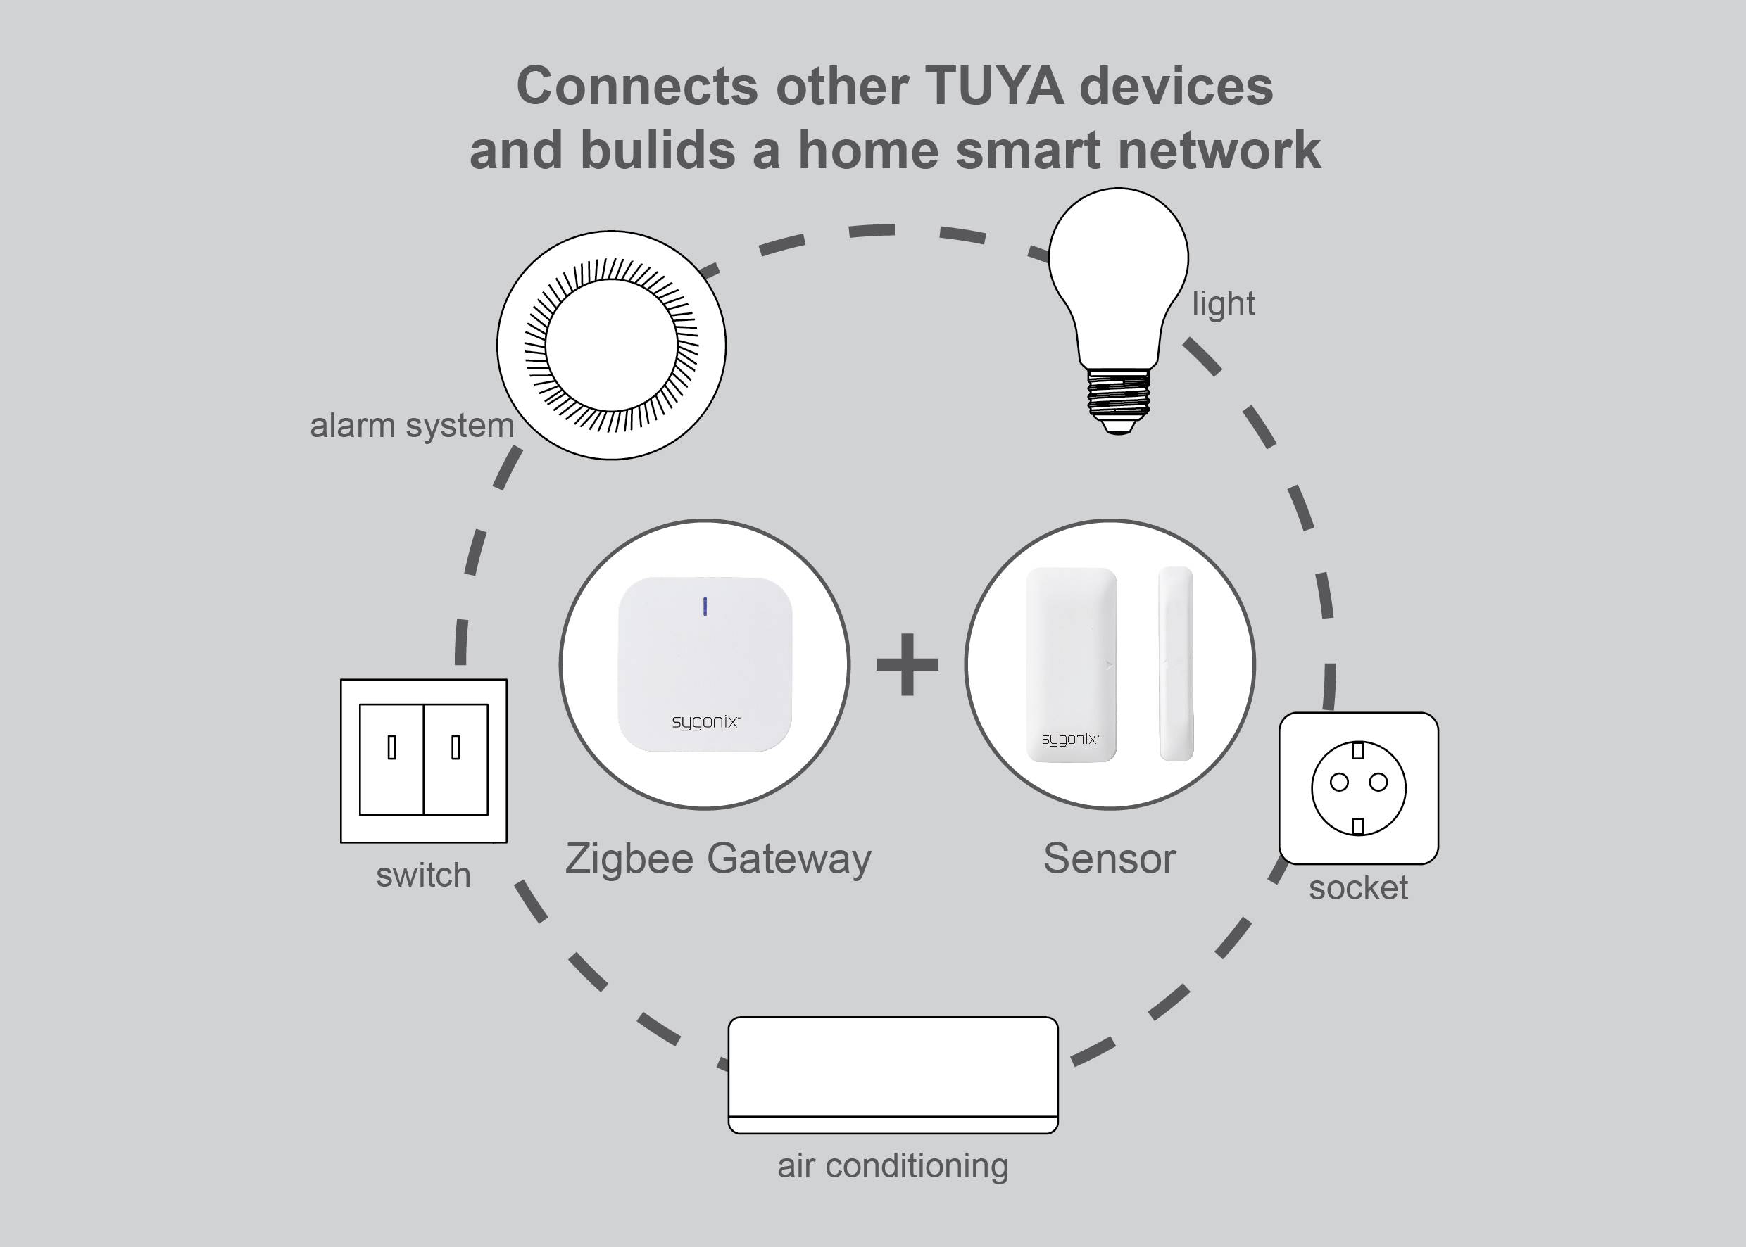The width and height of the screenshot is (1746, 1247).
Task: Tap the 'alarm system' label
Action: (x=412, y=425)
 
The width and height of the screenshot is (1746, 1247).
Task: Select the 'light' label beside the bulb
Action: (x=1223, y=304)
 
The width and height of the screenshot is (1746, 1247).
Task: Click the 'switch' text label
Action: (x=423, y=875)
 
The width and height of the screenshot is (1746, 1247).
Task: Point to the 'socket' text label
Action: (x=1358, y=887)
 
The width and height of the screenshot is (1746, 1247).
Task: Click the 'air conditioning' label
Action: (x=893, y=1165)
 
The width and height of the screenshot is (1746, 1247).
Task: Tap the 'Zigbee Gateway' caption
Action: (x=718, y=859)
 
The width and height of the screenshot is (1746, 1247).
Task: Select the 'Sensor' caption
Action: (x=1110, y=859)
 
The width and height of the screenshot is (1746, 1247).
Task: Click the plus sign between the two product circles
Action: (x=907, y=665)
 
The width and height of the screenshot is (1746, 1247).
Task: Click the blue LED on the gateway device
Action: (x=705, y=607)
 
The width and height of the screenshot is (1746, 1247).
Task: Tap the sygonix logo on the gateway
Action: (x=705, y=722)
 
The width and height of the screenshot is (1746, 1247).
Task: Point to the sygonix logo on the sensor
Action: (x=1070, y=740)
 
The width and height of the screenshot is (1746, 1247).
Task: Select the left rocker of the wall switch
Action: (x=391, y=759)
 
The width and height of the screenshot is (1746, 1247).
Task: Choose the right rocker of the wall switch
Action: (x=456, y=759)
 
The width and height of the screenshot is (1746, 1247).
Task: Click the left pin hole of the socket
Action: (x=1339, y=783)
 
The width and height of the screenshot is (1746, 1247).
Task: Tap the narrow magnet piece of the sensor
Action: (x=1175, y=664)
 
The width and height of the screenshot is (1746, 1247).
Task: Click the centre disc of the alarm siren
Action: (x=611, y=345)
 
